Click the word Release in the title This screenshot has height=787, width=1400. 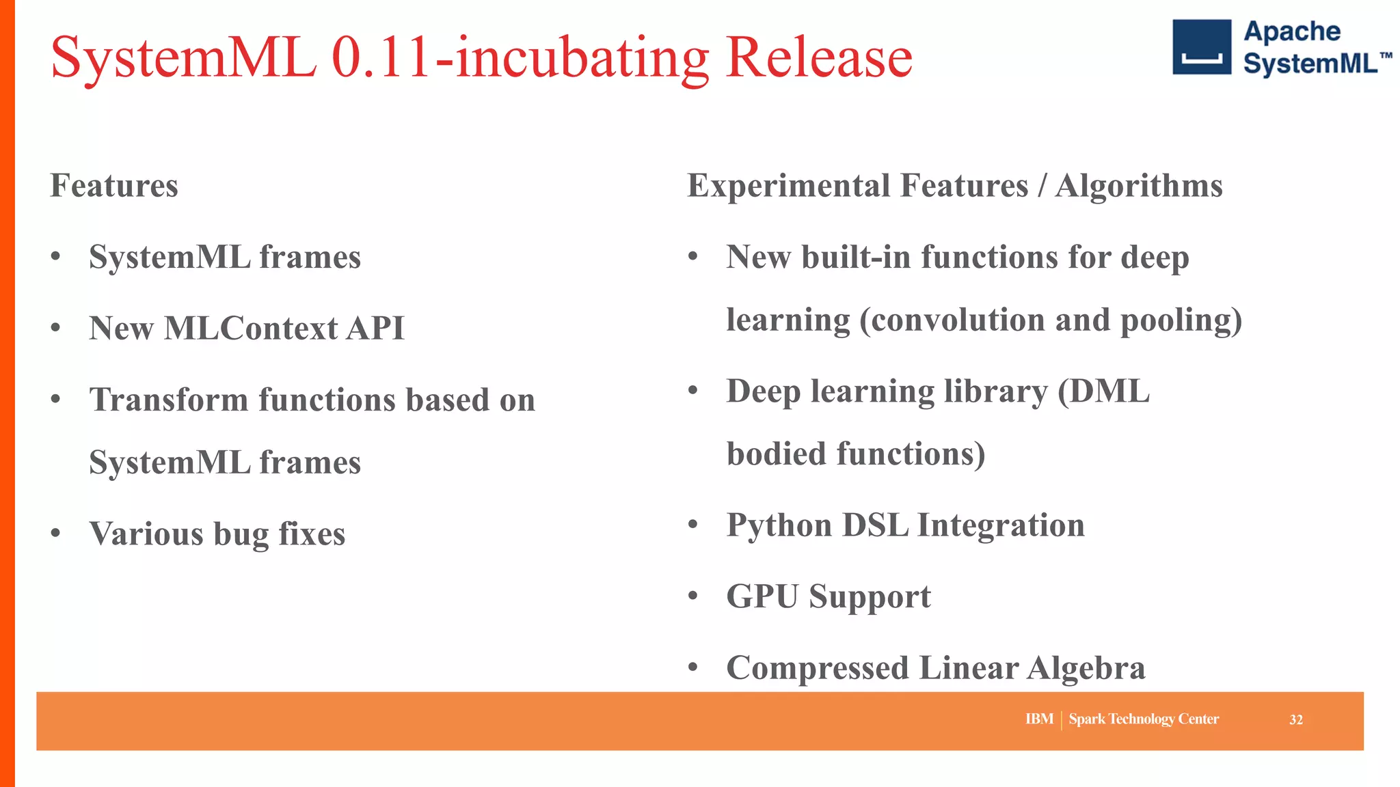[819, 57]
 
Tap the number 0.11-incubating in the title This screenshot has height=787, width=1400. [520, 59]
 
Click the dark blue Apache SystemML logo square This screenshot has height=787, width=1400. [1202, 47]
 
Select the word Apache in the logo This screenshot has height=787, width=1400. [1291, 32]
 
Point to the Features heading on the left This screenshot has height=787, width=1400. [114, 186]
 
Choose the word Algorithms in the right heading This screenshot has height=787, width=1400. [1138, 186]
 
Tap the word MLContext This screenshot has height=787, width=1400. [251, 329]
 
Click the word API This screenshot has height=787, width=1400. [375, 329]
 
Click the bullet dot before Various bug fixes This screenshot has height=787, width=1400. [56, 533]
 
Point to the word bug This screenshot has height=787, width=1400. [241, 535]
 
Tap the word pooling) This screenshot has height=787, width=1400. [1181, 320]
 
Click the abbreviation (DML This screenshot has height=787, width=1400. [1103, 392]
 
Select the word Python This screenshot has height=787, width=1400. [779, 526]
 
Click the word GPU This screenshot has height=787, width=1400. [762, 596]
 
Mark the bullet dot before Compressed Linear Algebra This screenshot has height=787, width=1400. [693, 667]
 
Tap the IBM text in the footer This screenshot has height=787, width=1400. [1039, 719]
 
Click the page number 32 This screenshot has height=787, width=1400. [1295, 720]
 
